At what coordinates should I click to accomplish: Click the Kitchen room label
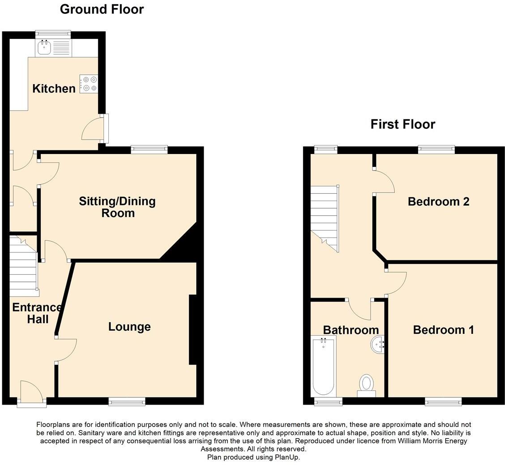point(54,89)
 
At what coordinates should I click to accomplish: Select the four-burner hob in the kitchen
point(89,84)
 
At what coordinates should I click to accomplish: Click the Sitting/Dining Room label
point(117,207)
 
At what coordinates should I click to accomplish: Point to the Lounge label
point(129,327)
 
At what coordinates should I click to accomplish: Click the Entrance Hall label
point(37,313)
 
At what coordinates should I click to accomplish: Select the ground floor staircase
point(23,266)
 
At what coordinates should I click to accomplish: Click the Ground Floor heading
point(102,9)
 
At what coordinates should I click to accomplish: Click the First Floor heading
point(402,124)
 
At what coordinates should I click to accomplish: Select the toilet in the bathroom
point(366,385)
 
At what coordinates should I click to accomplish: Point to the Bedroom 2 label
point(438,201)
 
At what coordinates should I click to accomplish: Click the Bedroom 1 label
point(443,330)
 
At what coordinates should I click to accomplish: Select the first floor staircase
point(325,217)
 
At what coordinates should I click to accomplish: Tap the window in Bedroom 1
point(443,401)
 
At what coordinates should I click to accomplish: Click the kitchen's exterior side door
point(106,129)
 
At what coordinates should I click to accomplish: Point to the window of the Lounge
point(127,401)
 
